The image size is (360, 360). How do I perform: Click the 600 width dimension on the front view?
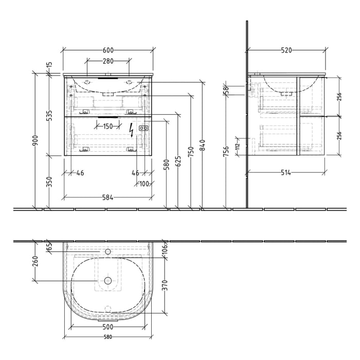108,50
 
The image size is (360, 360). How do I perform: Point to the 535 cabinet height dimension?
49,115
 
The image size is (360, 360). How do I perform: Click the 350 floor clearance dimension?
49,182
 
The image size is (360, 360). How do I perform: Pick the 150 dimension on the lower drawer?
107,127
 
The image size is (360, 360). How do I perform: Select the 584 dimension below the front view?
107,196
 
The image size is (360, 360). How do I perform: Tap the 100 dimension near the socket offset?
143,184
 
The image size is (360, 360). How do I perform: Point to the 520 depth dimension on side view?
286,50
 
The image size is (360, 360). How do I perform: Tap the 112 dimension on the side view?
238,147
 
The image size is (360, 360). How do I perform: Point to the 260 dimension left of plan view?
35,261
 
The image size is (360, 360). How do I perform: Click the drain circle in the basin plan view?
108,280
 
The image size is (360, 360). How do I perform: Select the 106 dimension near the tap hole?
165,249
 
